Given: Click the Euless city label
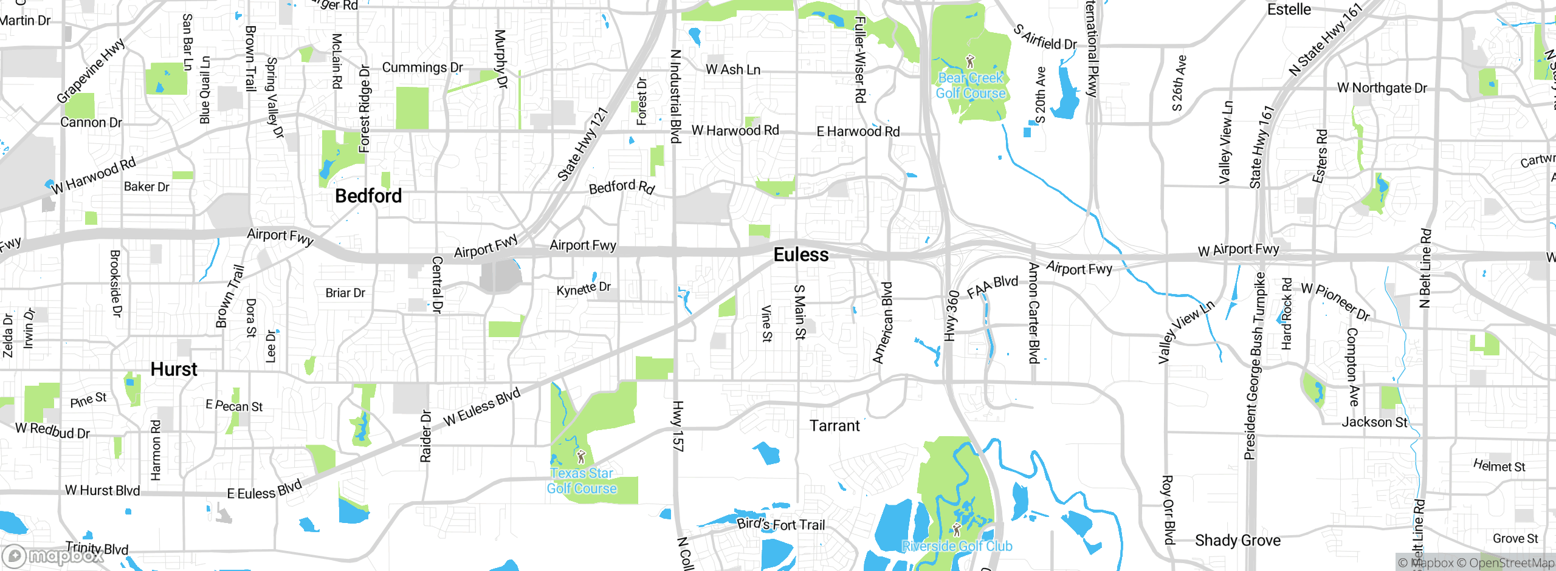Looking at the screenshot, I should [800, 255].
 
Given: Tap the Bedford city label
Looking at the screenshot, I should [368, 196].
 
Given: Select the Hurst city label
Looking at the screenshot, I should [174, 369].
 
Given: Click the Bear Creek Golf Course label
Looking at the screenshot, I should [970, 86].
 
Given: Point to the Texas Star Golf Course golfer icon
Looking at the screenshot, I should [580, 456].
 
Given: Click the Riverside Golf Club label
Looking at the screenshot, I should [957, 546].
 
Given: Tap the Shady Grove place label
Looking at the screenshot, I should [1238, 540].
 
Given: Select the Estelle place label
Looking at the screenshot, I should [1289, 10].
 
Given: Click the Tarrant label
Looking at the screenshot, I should [835, 426].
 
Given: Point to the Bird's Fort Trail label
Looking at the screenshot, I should [780, 524].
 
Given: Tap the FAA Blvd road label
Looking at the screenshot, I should [992, 286].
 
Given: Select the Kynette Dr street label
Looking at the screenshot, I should [583, 289].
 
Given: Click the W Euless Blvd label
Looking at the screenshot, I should [481, 407].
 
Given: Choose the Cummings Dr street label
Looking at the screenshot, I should [422, 67].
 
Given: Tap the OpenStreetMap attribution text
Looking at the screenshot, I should [1511, 563].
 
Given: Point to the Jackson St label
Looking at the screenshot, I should [1374, 422].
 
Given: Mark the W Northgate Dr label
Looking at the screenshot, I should [1382, 88].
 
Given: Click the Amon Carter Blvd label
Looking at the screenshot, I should [1033, 313].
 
